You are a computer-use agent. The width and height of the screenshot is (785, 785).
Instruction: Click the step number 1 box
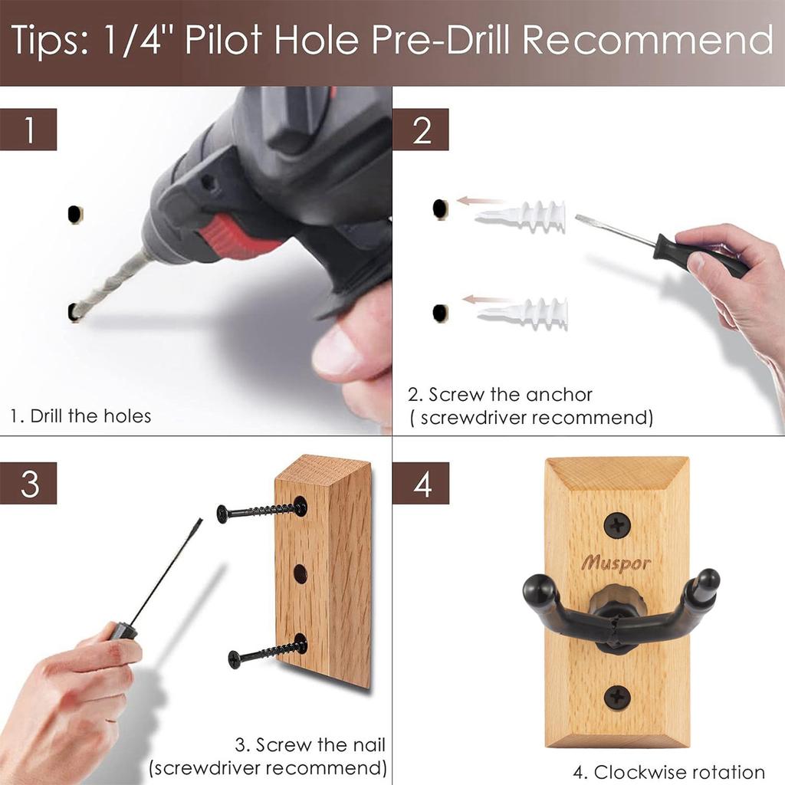tap(29, 130)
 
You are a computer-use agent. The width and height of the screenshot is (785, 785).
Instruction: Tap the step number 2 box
tap(421, 130)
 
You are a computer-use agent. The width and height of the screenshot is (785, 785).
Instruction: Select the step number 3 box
tap(29, 483)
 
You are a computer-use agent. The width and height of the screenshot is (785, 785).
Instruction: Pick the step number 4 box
tap(421, 483)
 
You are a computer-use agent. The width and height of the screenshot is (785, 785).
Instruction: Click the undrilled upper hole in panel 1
tap(74, 214)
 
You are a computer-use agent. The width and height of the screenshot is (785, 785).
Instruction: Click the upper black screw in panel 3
tap(261, 511)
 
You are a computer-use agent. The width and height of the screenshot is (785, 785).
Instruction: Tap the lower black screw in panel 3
tap(268, 652)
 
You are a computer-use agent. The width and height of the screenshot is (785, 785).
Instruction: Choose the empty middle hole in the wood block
tap(300, 573)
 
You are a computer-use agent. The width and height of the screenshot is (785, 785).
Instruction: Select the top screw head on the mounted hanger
tap(617, 525)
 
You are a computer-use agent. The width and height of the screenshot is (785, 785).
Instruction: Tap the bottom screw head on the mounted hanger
tap(617, 697)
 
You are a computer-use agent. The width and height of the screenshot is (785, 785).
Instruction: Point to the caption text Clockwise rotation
tap(679, 772)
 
